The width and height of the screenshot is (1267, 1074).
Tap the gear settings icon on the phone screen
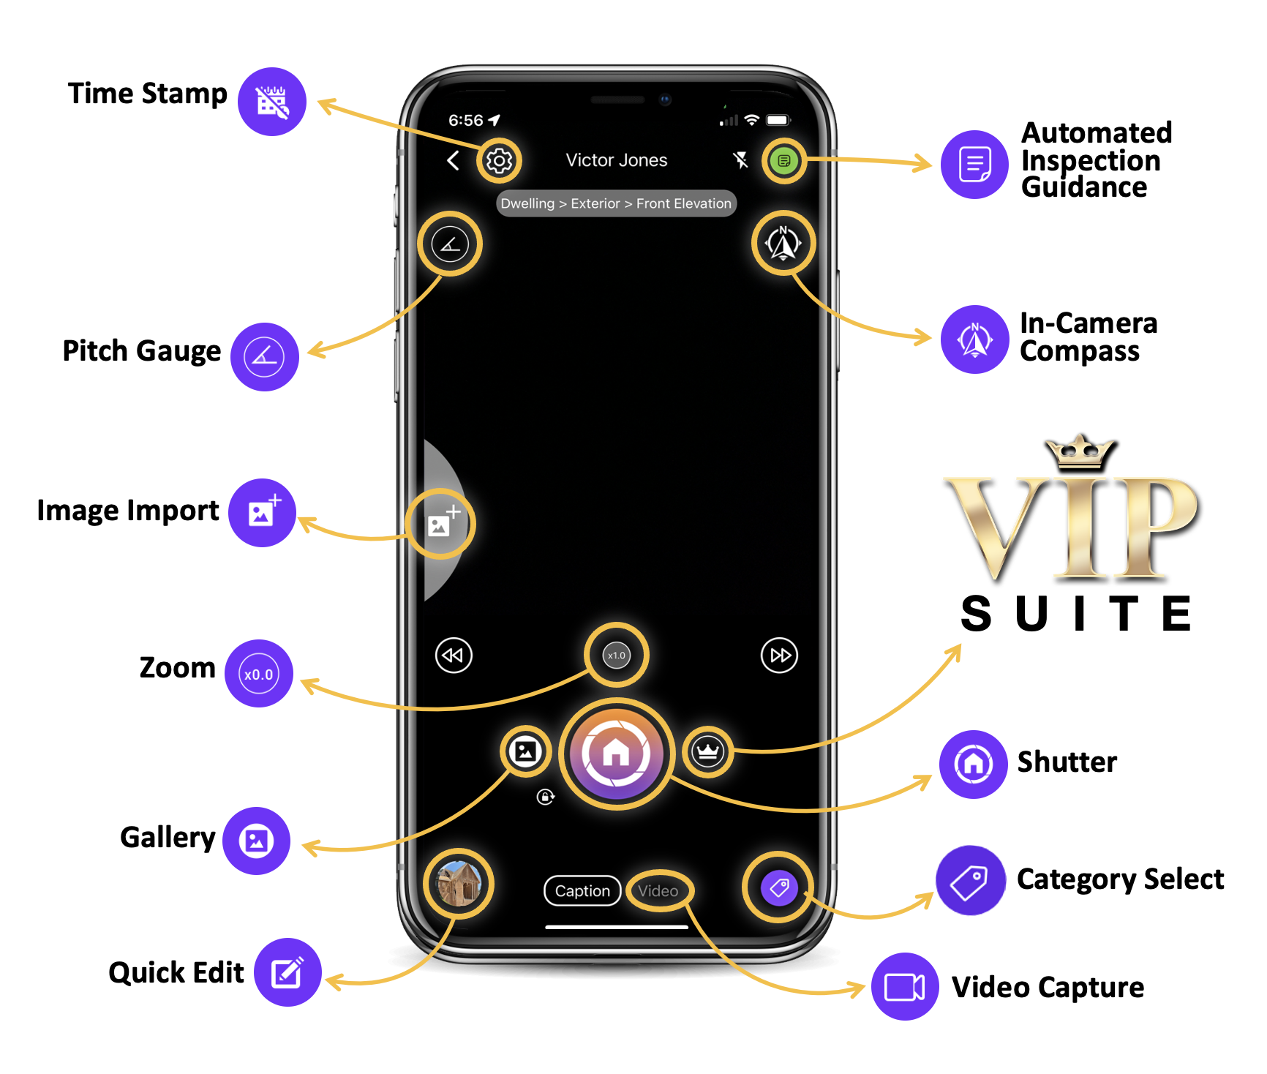tap(500, 160)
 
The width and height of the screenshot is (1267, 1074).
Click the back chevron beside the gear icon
tap(454, 160)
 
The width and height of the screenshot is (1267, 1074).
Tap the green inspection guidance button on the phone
tap(784, 160)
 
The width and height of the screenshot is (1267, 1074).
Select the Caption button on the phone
tap(582, 890)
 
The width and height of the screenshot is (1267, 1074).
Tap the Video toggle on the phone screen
tap(658, 890)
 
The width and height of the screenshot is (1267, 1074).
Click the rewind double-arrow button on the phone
tap(454, 655)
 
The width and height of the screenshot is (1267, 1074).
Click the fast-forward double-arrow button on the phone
tap(780, 655)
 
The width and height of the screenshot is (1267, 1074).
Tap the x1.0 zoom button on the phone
tap(617, 655)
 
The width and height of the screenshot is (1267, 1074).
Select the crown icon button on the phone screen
tap(708, 751)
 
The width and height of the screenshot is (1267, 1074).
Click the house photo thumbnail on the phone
tap(459, 884)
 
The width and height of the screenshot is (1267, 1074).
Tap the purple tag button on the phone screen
tap(779, 887)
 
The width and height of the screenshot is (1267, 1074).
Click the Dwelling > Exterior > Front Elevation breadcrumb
tap(616, 203)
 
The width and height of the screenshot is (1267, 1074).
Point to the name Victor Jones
tap(617, 160)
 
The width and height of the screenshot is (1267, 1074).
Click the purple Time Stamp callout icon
tap(272, 102)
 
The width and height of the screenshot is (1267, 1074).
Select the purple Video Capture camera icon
tap(905, 986)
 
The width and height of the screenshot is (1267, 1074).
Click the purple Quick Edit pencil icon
tap(287, 972)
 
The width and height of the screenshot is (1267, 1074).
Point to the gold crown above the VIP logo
tap(1080, 451)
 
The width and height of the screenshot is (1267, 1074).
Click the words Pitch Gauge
tap(142, 351)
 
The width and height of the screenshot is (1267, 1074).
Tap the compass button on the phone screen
tap(783, 244)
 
